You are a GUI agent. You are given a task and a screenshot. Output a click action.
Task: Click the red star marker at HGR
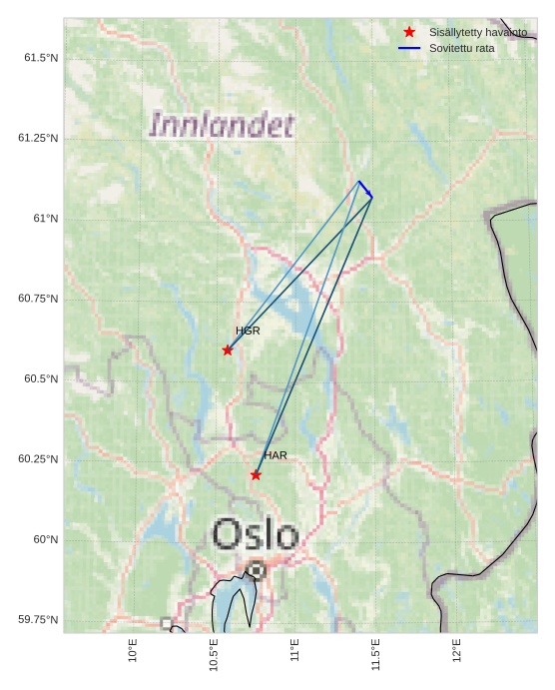pos(228,349)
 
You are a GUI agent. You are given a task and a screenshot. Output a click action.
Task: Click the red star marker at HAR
pos(256,474)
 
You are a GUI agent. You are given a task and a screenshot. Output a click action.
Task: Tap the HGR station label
pos(248,331)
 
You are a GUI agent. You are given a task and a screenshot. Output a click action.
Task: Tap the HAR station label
pos(276,455)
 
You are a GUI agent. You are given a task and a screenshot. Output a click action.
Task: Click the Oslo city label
pos(256,534)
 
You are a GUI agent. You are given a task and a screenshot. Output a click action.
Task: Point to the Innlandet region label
pos(222,126)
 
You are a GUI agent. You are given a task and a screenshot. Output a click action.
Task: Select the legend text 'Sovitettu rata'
pos(461,48)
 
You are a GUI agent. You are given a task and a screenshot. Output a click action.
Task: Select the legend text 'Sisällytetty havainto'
pos(478,32)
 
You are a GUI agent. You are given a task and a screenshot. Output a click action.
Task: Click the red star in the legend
pos(409,32)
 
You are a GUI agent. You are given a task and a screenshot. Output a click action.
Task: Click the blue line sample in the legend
pos(409,48)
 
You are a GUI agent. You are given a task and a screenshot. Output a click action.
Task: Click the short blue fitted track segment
pos(365,189)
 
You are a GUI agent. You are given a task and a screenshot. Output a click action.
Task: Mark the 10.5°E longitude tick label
pos(214,655)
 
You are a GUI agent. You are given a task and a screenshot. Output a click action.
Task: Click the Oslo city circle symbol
pos(256,571)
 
